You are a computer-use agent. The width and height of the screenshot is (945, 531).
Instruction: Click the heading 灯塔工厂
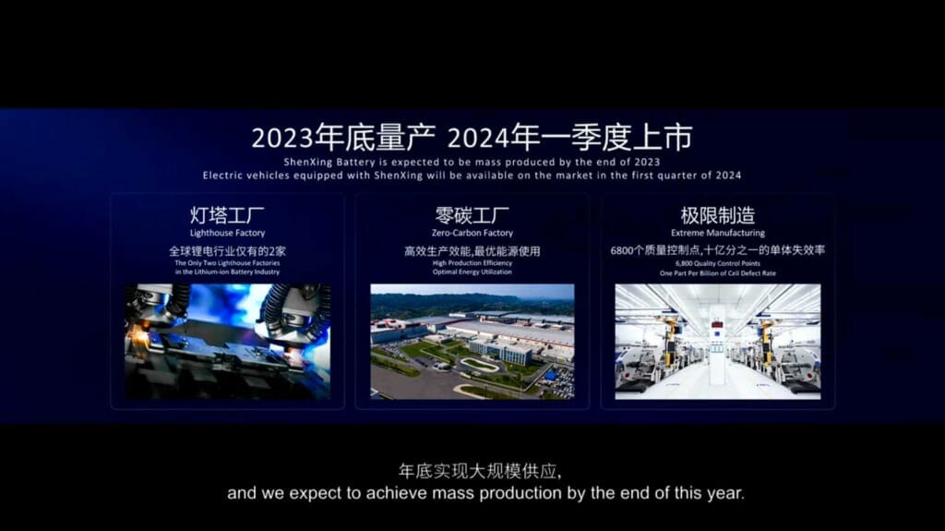coord(227,217)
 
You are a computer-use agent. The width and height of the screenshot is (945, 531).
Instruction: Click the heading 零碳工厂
coord(472,217)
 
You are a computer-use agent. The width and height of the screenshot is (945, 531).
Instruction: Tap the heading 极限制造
coord(718,217)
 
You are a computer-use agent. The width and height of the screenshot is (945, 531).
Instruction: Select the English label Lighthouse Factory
coord(227,234)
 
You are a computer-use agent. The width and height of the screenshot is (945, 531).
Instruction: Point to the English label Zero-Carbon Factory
coord(472,234)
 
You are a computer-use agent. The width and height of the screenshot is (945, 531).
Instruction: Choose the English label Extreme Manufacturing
coord(718,234)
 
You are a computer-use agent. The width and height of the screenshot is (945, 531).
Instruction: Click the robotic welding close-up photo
coord(227,341)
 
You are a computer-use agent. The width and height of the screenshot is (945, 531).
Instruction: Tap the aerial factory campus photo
coord(472,341)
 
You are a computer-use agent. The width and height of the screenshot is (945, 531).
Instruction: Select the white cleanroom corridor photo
coord(718,341)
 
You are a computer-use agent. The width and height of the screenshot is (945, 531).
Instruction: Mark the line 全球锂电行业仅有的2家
coord(227,251)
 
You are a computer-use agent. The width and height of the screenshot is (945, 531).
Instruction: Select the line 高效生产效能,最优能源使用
coord(472,251)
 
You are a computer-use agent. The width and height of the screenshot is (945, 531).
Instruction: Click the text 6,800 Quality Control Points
coord(718,264)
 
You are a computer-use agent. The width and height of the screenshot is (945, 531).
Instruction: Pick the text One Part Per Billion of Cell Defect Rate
coord(718,274)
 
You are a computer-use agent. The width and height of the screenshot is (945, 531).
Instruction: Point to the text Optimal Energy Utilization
coord(472,274)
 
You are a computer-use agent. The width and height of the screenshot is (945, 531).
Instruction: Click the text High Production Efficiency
coord(472,264)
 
